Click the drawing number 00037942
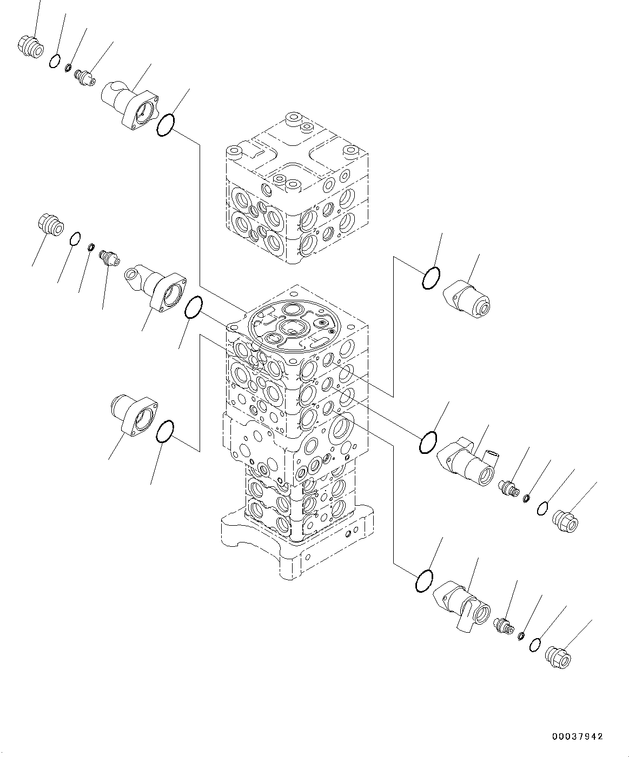click(x=577, y=736)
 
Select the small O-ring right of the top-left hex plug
click(x=54, y=61)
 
